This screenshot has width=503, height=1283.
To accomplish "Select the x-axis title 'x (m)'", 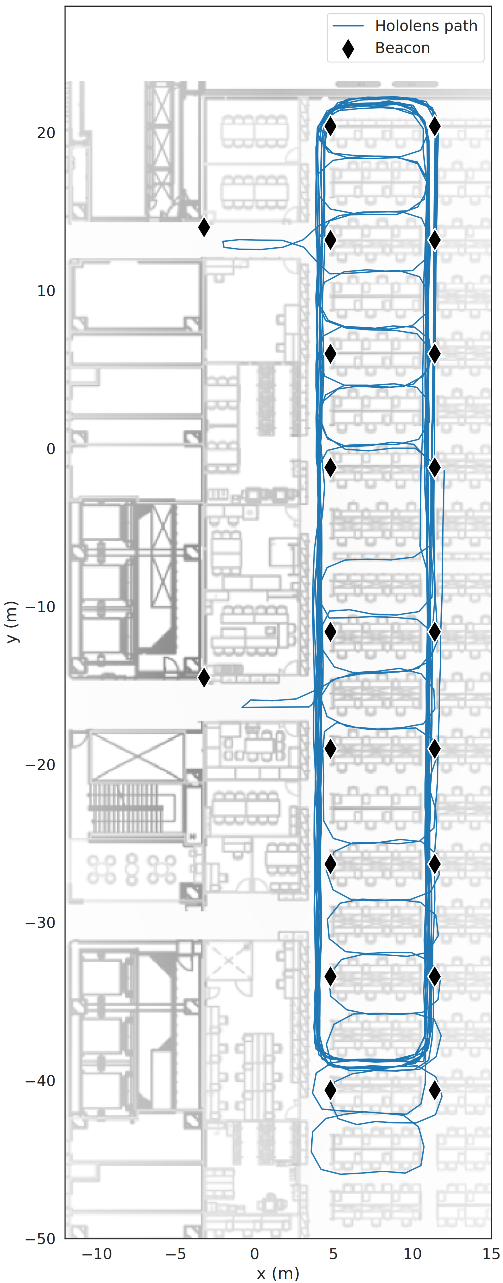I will (x=278, y=1273).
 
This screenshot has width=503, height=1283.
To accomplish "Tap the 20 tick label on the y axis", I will (x=46, y=133).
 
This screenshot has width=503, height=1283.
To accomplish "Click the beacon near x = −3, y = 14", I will (x=204, y=227).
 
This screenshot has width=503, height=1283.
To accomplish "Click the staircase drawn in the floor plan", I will (x=125, y=810).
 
